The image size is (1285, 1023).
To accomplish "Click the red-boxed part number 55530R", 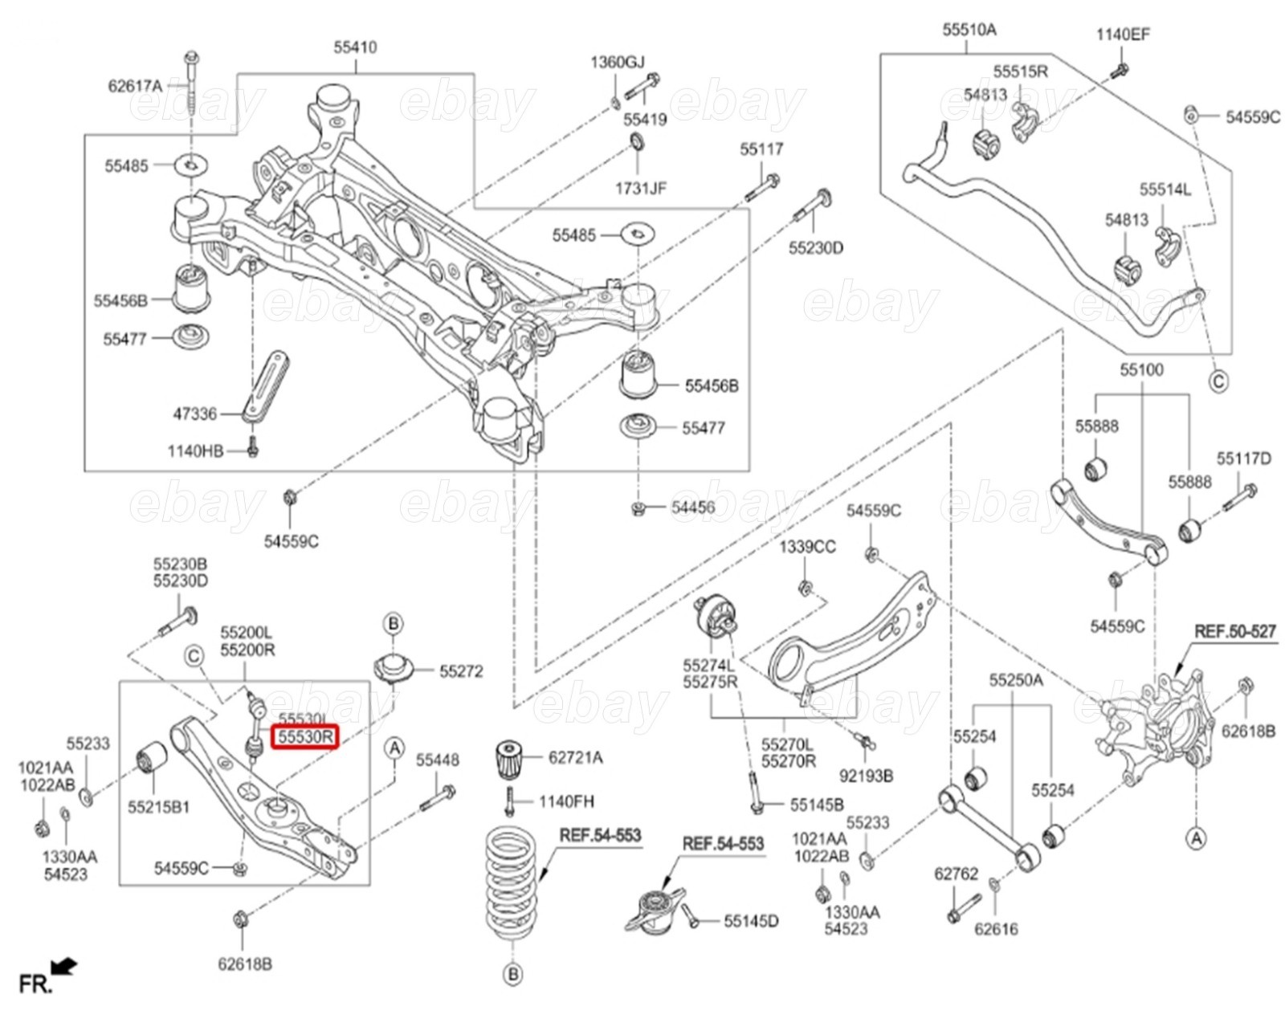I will click(305, 736).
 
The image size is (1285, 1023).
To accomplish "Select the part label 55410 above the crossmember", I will click(355, 47).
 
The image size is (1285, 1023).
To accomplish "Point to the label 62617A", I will click(135, 85).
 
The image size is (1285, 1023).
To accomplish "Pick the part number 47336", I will click(195, 414).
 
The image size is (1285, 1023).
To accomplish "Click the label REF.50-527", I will click(1234, 631).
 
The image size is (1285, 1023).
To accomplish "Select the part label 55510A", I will click(969, 30).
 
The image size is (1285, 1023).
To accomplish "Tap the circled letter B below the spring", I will click(512, 975).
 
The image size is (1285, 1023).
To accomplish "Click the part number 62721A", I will click(575, 757).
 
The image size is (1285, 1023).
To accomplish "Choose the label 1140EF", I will click(1123, 34).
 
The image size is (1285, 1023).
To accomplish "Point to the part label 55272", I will click(461, 671).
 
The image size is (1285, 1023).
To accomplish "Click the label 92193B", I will click(866, 776).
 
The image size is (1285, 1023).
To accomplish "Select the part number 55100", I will click(1141, 369).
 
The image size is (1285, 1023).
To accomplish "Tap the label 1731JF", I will click(641, 188).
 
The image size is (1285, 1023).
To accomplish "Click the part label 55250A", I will click(1016, 680).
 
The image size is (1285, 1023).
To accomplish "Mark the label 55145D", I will click(751, 921).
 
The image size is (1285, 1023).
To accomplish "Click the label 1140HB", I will click(195, 450).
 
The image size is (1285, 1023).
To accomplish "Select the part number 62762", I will click(956, 874).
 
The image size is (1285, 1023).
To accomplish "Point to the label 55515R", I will click(1020, 71).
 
